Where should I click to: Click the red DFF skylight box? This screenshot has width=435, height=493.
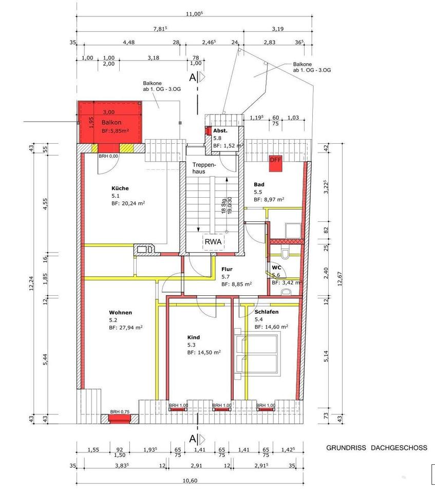click(275, 164)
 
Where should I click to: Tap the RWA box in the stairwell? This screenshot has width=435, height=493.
click(213, 242)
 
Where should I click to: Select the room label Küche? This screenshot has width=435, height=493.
click(120, 188)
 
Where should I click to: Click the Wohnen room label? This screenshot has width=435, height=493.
click(121, 313)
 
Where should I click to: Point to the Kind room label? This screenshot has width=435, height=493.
click(194, 337)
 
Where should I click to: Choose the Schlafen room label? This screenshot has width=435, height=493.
click(267, 312)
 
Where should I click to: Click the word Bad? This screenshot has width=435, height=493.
click(259, 184)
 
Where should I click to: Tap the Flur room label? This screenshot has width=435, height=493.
click(227, 269)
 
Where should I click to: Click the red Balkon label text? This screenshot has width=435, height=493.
click(111, 122)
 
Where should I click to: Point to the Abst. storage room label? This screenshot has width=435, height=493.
click(220, 130)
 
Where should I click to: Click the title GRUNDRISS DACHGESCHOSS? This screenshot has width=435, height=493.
click(376, 448)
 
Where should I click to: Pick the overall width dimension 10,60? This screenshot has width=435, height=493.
click(190, 481)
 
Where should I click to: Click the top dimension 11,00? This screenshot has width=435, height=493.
click(194, 14)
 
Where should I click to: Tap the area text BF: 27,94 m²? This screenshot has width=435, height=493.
click(126, 328)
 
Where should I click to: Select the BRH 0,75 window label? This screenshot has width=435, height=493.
click(120, 412)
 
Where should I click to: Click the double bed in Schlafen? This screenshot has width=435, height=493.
click(257, 354)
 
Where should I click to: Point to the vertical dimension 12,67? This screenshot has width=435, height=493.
click(339, 278)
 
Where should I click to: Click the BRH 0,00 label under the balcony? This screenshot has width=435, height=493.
click(108, 156)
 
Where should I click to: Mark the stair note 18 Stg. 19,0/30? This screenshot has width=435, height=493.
click(227, 205)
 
